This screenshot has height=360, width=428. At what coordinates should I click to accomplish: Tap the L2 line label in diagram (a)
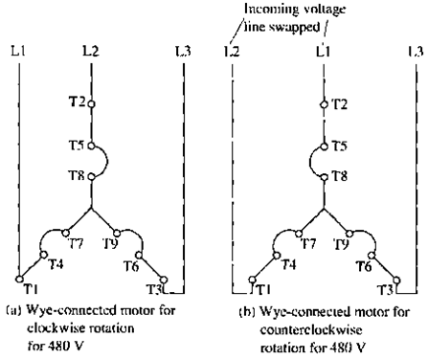click(93, 48)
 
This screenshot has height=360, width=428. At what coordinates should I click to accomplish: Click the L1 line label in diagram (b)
click(326, 48)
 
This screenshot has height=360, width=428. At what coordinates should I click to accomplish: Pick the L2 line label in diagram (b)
click(231, 49)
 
